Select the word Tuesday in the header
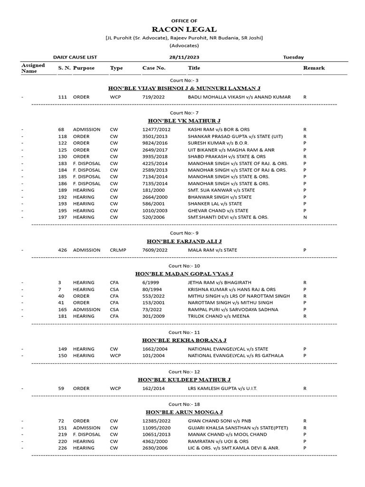coord(293,57)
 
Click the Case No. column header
coord(154,68)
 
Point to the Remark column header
coord(314,68)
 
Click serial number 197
coord(62,217)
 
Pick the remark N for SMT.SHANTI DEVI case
coord(305,217)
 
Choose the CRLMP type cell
coord(118,250)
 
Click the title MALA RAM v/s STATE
coord(212,250)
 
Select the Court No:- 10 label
coord(184,265)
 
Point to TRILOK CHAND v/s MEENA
coord(219,316)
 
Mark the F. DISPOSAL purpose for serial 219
coord(87,434)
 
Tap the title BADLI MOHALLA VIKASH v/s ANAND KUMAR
coord(239,97)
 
